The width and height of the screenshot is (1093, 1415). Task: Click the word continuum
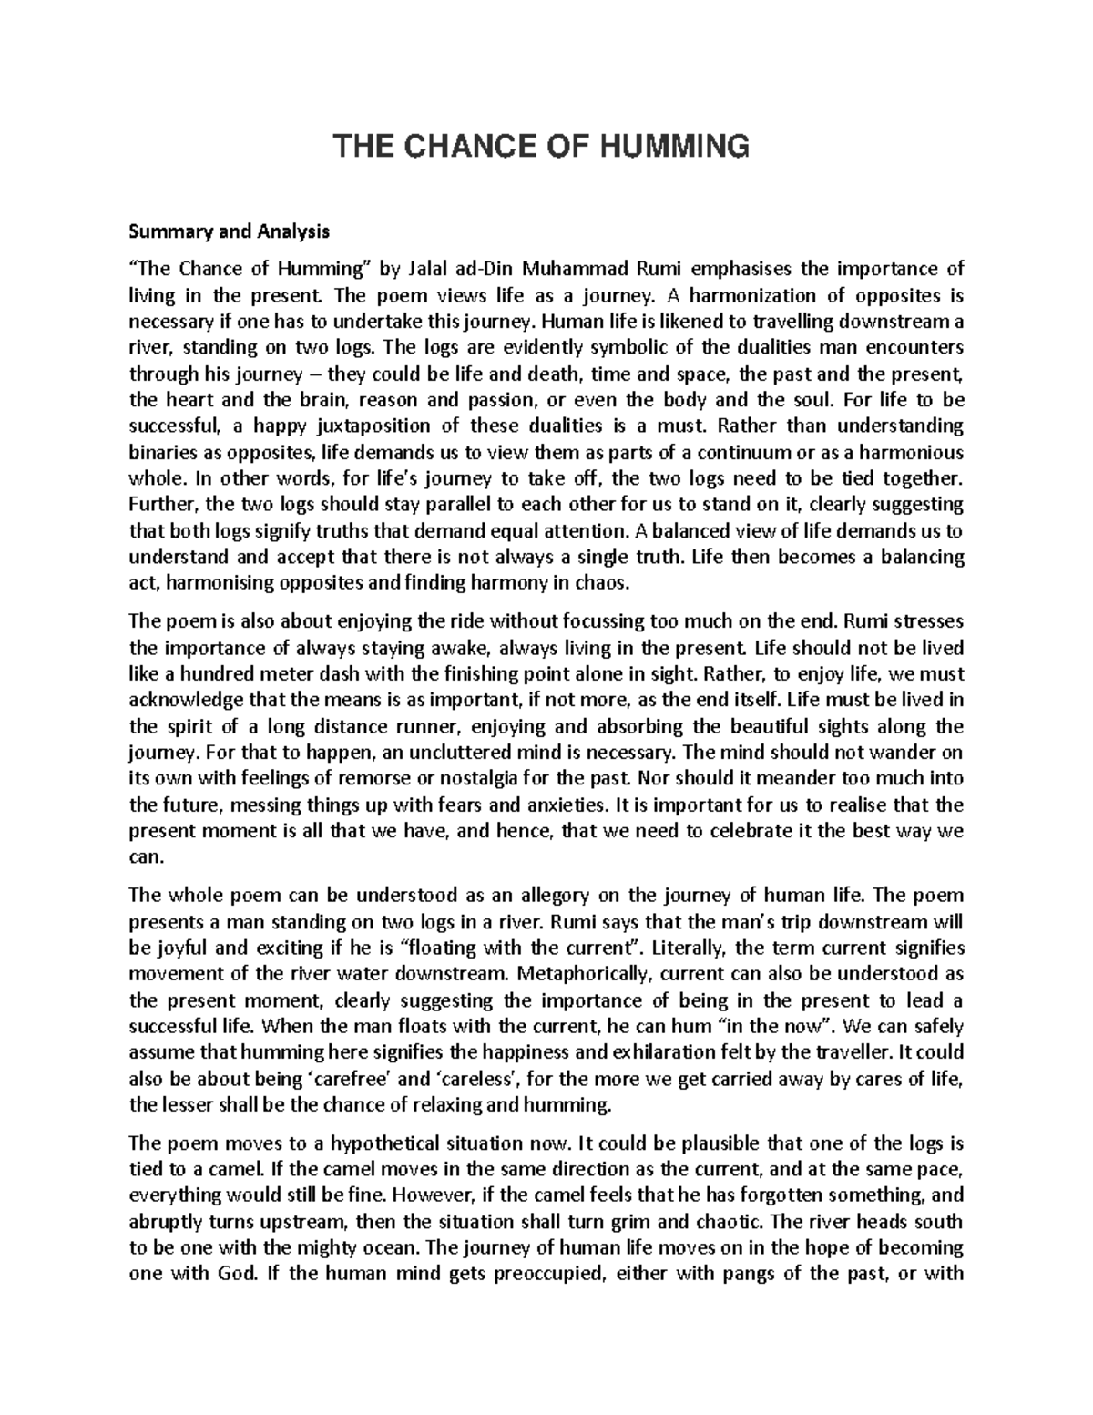point(783,453)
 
